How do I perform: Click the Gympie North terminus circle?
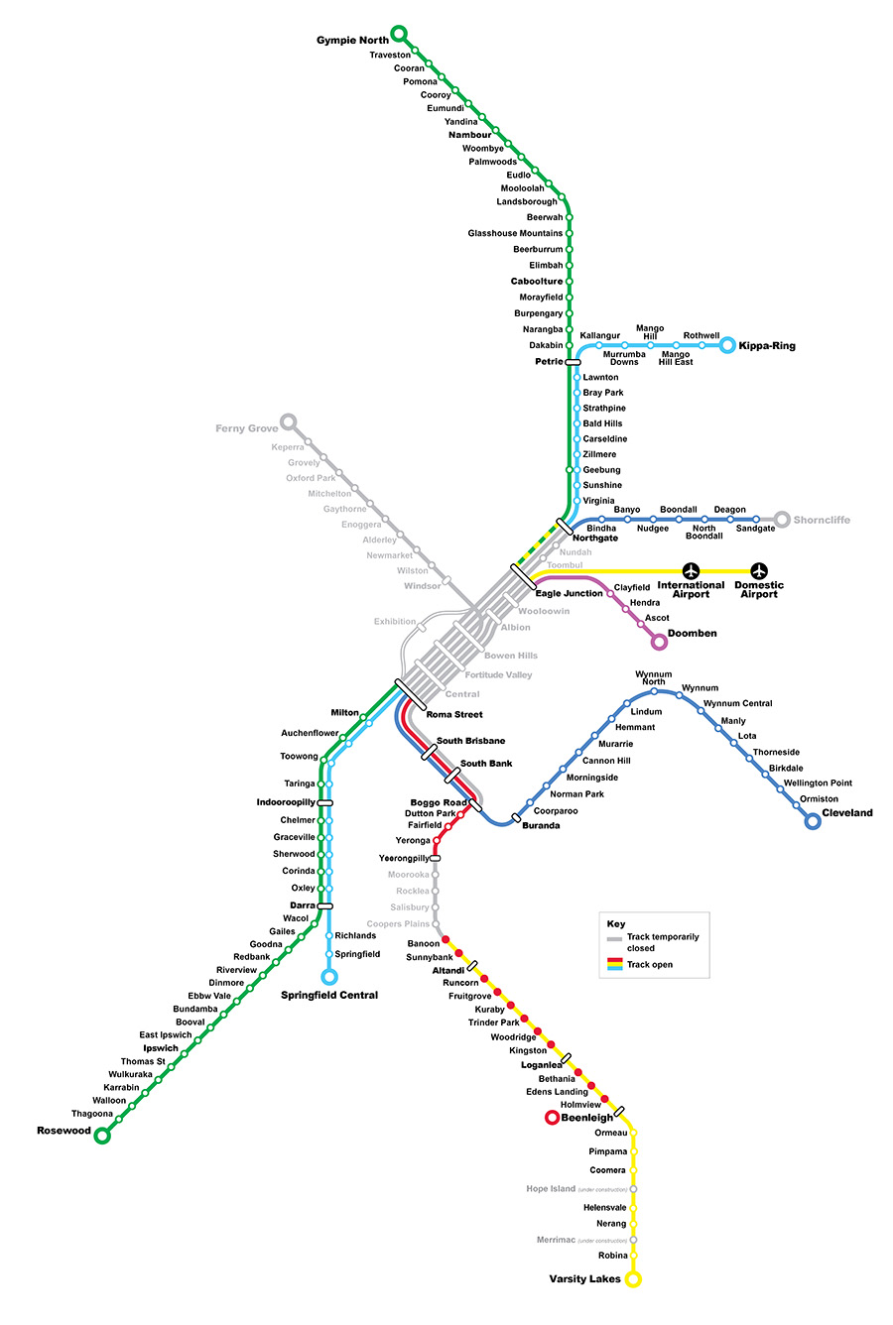(399, 34)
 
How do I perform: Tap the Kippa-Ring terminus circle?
(727, 345)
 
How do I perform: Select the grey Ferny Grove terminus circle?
(289, 422)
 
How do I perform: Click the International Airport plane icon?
(692, 570)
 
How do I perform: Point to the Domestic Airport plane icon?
(759, 570)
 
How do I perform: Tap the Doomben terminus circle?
(659, 643)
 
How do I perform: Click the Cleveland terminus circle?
(813, 821)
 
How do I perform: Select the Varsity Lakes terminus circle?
(633, 1278)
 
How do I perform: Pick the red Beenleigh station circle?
(552, 1118)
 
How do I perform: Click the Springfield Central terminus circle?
(329, 977)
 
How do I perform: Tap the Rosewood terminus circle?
(101, 1136)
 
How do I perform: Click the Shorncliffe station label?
(822, 520)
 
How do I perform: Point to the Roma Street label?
(454, 714)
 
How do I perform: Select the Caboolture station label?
(536, 282)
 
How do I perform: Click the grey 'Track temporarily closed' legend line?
(614, 938)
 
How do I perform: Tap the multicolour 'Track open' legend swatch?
(614, 964)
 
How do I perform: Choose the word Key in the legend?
(616, 924)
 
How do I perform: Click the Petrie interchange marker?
(573, 362)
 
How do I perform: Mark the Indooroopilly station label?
(286, 801)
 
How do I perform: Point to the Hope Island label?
(551, 1188)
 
